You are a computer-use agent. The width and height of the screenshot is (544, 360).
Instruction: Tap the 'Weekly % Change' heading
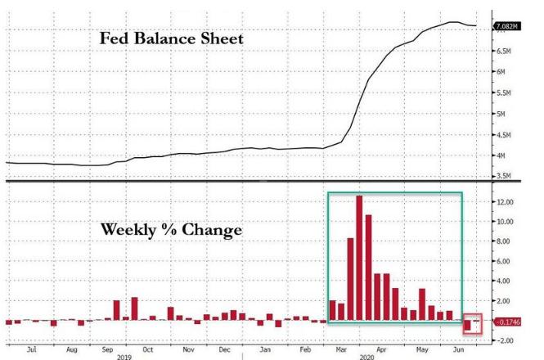pyautogui.click(x=171, y=230)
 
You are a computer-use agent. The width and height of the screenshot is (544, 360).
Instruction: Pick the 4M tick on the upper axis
pyautogui.click(x=500, y=155)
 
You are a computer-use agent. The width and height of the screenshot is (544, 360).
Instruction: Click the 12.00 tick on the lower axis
pyautogui.click(x=505, y=202)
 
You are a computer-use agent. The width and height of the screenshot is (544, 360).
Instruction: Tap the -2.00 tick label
pyautogui.click(x=505, y=340)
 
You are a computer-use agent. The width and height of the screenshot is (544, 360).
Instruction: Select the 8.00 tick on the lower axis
pyautogui.click(x=503, y=241)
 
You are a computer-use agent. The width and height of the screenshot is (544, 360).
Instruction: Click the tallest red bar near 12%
pyautogui.click(x=359, y=258)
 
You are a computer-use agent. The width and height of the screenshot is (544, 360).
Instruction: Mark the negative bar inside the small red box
pyautogui.click(x=468, y=326)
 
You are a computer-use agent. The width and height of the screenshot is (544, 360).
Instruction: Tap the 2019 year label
pyautogui.click(x=124, y=356)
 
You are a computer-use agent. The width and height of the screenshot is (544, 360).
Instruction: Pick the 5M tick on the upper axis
pyautogui.click(x=500, y=114)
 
